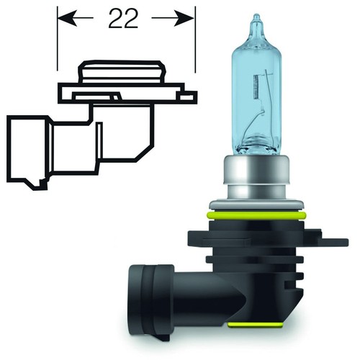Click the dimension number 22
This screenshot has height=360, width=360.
coord(123,19)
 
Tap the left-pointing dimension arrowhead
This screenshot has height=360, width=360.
coord(68,18)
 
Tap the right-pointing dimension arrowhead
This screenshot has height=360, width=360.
coord(184,18)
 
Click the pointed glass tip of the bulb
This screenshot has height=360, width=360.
coord(256,21)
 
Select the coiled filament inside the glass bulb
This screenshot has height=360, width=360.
coord(256,86)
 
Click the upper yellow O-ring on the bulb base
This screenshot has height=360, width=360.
coord(256,215)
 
